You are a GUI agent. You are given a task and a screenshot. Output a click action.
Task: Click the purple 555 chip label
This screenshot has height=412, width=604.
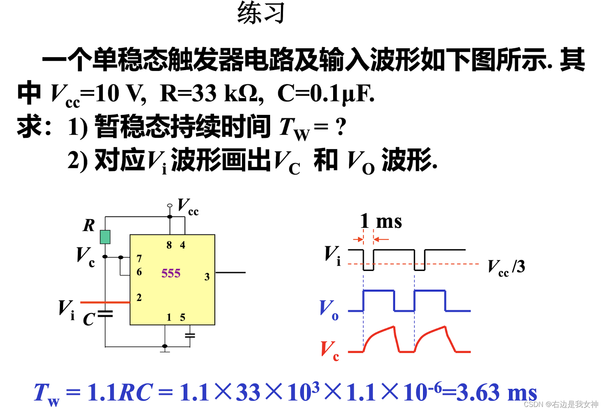[171, 273]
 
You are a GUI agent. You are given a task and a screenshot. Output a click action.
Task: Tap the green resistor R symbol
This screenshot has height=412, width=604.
[105, 237]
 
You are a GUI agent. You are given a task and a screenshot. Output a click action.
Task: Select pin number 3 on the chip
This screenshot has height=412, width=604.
[207, 277]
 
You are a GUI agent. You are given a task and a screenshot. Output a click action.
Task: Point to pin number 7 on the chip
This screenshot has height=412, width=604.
[139, 259]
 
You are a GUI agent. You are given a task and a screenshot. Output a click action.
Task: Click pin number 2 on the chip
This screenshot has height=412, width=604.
[139, 298]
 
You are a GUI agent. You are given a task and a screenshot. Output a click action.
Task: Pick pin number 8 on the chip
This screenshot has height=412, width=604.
[169, 245]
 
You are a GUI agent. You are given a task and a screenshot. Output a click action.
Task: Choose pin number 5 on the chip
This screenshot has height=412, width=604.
[183, 317]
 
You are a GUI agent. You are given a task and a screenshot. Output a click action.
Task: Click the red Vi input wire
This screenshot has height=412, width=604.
[105, 302]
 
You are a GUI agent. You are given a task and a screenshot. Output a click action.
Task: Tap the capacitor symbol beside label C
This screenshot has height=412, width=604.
[105, 313]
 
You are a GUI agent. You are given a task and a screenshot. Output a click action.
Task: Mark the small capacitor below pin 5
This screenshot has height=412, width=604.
[190, 335]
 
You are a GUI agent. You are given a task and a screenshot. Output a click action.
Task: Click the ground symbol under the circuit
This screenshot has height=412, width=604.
[165, 350]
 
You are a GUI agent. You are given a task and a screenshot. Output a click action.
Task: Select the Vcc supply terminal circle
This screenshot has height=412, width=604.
[170, 206]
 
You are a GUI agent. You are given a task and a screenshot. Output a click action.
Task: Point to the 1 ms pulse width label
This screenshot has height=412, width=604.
[381, 221]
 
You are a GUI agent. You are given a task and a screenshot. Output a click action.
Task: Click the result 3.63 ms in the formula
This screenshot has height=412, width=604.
[497, 392]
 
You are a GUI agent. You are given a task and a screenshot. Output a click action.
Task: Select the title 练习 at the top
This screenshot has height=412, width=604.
[261, 13]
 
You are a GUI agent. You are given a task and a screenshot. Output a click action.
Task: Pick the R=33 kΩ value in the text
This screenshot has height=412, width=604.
[209, 93]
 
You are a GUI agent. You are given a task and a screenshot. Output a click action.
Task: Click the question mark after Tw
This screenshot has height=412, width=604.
[341, 127]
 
